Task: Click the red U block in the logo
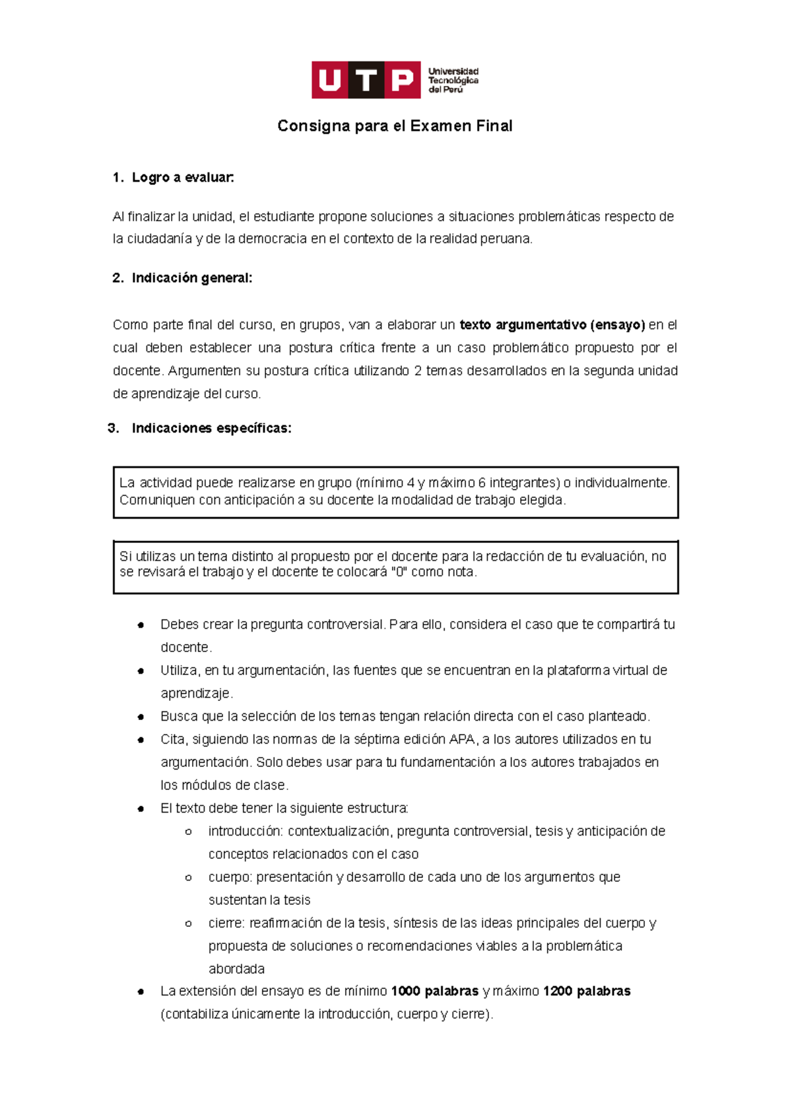329,81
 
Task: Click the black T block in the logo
366,81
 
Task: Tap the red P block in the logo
402,81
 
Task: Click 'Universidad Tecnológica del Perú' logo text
453,81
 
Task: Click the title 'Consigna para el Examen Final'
395,126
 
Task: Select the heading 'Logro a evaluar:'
183,177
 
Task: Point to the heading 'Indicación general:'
191,278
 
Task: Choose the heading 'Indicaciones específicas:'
211,428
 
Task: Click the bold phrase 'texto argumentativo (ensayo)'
552,325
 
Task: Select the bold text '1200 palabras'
587,991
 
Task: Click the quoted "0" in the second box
398,572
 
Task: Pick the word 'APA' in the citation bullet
462,739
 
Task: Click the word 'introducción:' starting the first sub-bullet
245,831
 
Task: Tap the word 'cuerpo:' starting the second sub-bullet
230,877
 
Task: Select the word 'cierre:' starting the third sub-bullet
227,923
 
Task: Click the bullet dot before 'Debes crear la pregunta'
141,625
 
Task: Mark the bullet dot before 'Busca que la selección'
141,717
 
